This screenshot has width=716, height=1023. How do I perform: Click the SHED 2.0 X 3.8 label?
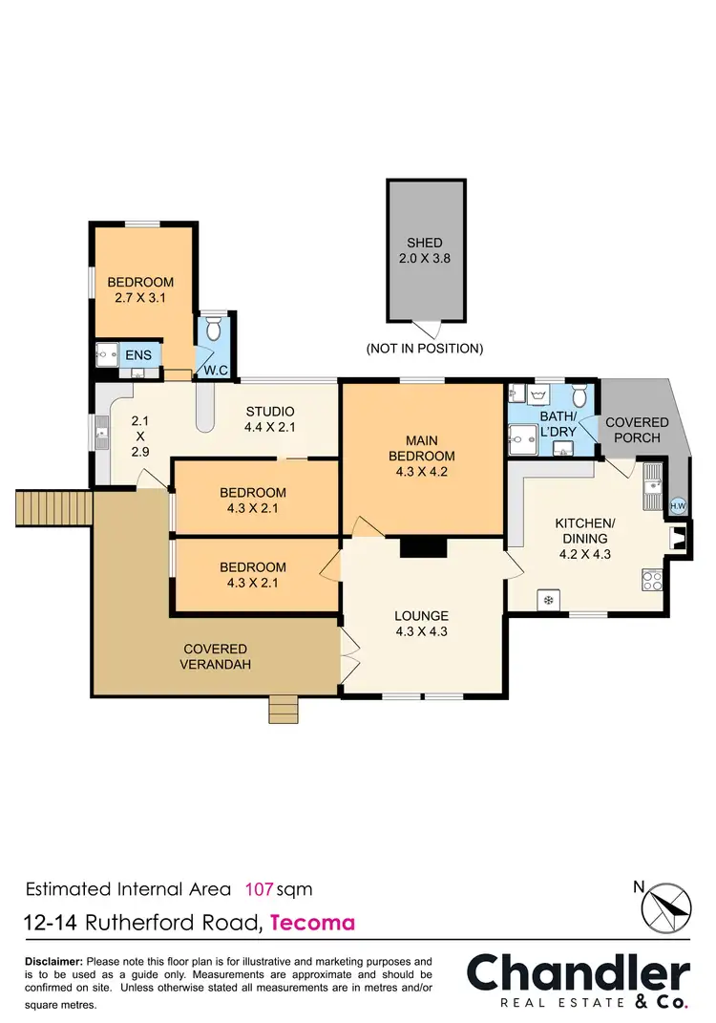pos(425,250)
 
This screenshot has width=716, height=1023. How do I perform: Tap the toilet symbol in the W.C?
pos(214,330)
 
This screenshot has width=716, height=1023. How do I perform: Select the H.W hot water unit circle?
pos(678,506)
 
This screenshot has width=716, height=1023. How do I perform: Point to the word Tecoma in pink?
pos(313,923)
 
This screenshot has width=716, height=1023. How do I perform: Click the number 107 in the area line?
pos(260,889)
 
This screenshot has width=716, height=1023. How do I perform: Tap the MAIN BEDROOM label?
pos(422,456)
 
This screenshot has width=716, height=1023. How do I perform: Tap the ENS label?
pos(137,356)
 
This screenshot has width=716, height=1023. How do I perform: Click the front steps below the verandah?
pos(283,710)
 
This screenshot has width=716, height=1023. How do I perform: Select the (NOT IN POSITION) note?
pos(425,349)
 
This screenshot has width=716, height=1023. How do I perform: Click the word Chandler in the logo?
pos(578,974)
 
